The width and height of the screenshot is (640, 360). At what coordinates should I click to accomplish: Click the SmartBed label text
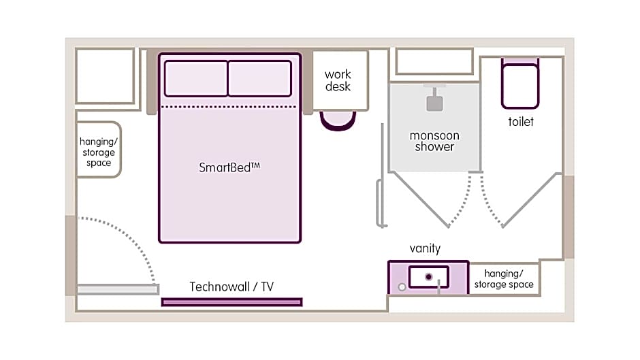click(x=229, y=167)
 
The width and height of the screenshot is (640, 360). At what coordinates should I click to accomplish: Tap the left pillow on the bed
click(x=196, y=78)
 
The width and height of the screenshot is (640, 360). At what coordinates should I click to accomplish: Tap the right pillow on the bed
click(x=259, y=78)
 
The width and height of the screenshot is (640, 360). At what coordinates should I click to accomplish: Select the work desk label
click(x=338, y=80)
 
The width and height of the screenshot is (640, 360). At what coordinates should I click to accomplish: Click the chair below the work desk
click(x=338, y=120)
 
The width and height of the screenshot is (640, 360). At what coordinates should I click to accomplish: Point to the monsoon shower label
click(x=434, y=141)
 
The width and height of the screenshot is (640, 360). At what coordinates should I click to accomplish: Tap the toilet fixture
click(x=520, y=84)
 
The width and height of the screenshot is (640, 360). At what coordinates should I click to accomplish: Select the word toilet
click(x=521, y=122)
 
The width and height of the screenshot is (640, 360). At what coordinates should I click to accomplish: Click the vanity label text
click(x=425, y=248)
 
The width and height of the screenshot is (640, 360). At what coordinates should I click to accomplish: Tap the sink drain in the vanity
click(x=429, y=276)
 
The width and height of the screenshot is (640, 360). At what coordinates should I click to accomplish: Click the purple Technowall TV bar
click(x=231, y=301)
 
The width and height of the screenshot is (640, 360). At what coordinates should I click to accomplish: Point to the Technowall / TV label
click(x=231, y=287)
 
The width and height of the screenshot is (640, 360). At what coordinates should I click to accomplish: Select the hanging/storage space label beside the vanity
click(x=504, y=279)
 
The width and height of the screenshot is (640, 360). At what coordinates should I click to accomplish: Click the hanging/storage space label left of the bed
click(x=98, y=152)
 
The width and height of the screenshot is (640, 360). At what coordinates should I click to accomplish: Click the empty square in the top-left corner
click(x=105, y=76)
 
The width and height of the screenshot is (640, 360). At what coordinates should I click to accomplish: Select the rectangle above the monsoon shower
click(x=434, y=61)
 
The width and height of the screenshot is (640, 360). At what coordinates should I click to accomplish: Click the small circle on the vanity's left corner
click(x=402, y=287)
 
